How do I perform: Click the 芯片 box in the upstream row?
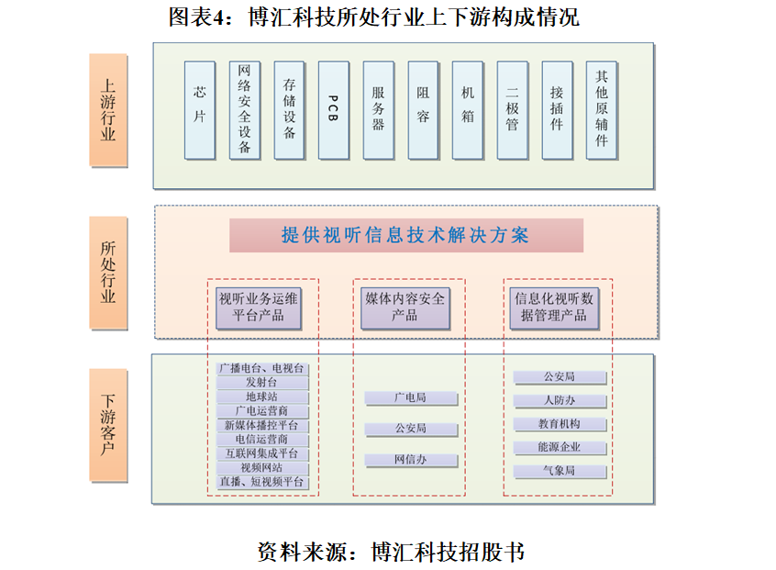pyautogui.click(x=199, y=110)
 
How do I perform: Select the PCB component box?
pyautogui.click(x=334, y=110)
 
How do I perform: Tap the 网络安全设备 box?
pyautogui.click(x=245, y=110)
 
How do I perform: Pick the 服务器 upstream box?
pyautogui.click(x=379, y=110)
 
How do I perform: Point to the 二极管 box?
pyautogui.click(x=512, y=110)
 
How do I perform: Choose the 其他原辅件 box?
pyautogui.click(x=602, y=110)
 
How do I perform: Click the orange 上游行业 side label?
pyautogui.click(x=108, y=110)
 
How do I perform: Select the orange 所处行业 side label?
pyautogui.click(x=108, y=273)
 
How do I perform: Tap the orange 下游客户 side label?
pyautogui.click(x=108, y=425)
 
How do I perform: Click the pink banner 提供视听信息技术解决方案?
pyautogui.click(x=406, y=236)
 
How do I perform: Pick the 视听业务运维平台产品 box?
pyautogui.click(x=259, y=308)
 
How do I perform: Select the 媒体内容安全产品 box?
pyautogui.click(x=405, y=308)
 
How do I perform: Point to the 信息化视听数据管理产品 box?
pyautogui.click(x=554, y=308)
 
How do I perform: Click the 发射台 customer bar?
pyautogui.click(x=262, y=383)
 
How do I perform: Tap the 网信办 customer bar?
pyautogui.click(x=411, y=460)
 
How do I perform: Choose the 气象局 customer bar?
pyautogui.click(x=560, y=471)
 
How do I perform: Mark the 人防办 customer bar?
pyautogui.click(x=560, y=400)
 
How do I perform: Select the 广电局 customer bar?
pyautogui.click(x=411, y=398)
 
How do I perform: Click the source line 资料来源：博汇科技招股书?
pyautogui.click(x=391, y=552)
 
